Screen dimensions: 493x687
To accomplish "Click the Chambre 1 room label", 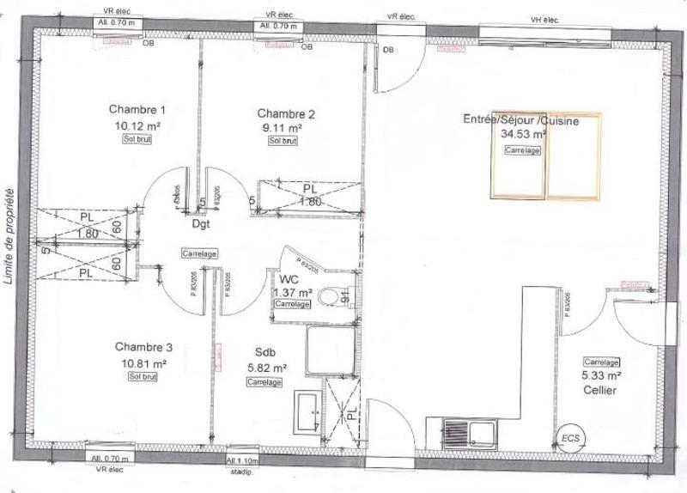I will coord(137,109).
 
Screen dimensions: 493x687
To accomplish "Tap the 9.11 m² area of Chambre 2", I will coord(284,128).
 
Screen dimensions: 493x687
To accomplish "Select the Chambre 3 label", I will coord(143,347).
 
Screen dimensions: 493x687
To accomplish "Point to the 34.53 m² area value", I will coord(523,134).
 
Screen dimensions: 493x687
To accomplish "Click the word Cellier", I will coord(602,390).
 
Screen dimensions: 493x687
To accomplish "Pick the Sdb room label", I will coord(264,352).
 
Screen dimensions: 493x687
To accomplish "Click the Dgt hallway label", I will coord(202,225).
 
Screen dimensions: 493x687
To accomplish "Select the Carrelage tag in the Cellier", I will coord(601,362).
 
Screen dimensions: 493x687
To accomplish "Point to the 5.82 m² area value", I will coord(266,367).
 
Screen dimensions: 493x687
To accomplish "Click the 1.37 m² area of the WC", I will coord(291,292).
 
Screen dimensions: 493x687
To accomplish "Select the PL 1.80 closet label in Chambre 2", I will coord(310,195).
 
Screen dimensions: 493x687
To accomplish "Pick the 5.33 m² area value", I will coord(602,375).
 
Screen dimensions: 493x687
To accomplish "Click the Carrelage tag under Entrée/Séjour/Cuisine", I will coord(522,150).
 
